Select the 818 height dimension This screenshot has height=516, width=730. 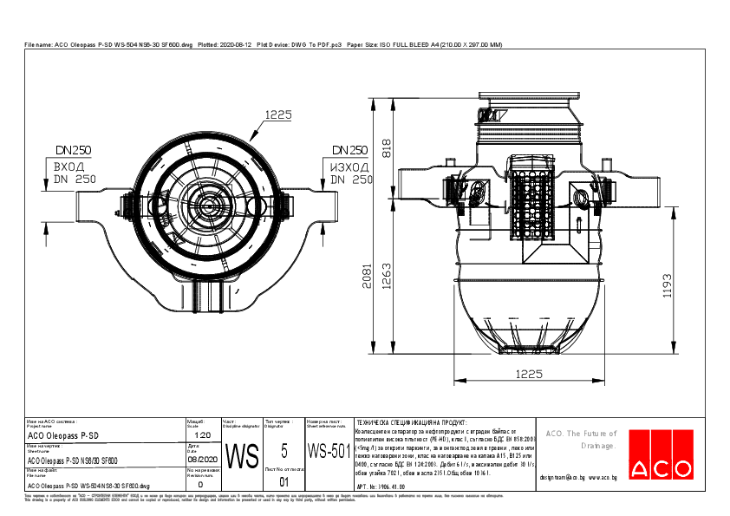point(388,148)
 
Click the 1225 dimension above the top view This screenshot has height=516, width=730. point(277,114)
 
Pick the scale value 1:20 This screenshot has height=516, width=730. point(202,434)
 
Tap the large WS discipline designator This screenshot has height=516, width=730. point(242,455)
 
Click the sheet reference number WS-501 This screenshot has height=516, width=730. point(329,451)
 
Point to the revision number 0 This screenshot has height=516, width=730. point(200,485)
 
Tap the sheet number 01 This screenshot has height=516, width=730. point(283,481)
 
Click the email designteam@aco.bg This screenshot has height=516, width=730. point(577,477)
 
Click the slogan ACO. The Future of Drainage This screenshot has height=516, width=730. point(580,439)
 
